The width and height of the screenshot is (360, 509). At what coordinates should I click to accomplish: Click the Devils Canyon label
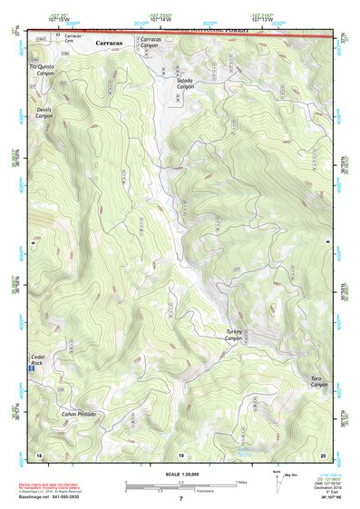pyautogui.click(x=44, y=113)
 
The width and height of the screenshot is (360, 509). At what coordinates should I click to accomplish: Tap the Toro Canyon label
pyautogui.click(x=316, y=381)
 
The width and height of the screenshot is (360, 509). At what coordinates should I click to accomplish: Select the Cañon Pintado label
pyautogui.click(x=78, y=414)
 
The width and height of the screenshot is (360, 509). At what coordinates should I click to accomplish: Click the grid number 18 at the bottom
pyautogui.click(x=38, y=454)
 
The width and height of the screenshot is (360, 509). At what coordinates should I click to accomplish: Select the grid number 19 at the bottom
pyautogui.click(x=180, y=454)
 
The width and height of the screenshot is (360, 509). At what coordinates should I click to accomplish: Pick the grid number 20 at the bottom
pyautogui.click(x=322, y=454)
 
